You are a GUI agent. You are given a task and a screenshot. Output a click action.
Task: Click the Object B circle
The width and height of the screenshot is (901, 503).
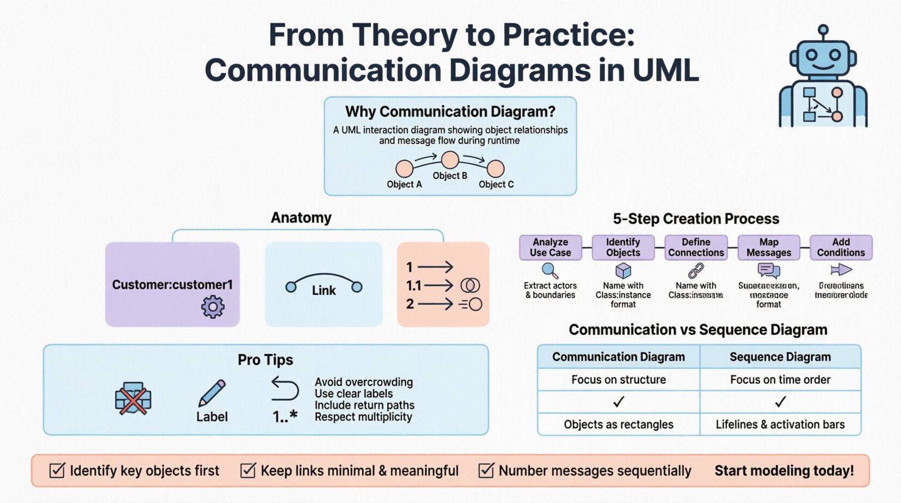[x=450, y=160]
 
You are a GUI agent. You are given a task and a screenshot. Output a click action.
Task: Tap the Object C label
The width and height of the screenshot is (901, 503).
[x=496, y=184]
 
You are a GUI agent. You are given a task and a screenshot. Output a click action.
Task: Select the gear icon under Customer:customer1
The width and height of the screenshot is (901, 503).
[x=213, y=307]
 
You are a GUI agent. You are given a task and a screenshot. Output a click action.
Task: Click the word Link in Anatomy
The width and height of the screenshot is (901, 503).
[x=324, y=291]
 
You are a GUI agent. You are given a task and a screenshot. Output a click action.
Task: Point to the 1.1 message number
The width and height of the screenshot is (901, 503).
[x=414, y=286]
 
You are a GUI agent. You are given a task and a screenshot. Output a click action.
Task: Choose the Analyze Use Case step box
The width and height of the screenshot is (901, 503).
[x=550, y=247]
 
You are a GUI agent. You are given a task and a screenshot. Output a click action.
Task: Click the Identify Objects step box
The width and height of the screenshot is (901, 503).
[x=623, y=247]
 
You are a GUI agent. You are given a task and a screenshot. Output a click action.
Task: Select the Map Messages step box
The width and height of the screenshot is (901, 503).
[x=768, y=247]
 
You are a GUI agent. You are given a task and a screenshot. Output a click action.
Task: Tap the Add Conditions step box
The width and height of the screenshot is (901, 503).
[x=841, y=247]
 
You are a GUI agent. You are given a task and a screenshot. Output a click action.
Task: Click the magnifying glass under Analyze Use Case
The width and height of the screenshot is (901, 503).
[x=550, y=270]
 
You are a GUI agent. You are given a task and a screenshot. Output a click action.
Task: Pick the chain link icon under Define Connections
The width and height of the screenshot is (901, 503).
[x=696, y=270]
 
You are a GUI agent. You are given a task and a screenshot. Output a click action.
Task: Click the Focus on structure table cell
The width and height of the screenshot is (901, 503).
[x=618, y=379]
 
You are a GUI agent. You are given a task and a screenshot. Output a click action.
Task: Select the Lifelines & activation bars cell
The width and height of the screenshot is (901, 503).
[x=780, y=424]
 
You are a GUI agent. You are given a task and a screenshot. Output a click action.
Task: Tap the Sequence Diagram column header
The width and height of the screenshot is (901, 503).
[x=780, y=357]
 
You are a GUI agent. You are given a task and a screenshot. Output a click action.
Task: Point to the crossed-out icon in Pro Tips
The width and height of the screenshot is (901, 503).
[x=133, y=399]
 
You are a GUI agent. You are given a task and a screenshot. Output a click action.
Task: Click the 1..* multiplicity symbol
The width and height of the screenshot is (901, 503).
[x=285, y=417]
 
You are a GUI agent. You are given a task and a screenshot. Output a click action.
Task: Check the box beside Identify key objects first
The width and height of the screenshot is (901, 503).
[x=57, y=470]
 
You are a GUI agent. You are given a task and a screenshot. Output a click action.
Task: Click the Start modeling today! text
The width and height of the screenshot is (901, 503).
[x=784, y=470]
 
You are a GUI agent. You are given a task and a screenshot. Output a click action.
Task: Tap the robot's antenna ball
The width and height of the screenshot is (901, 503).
[x=823, y=29]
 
